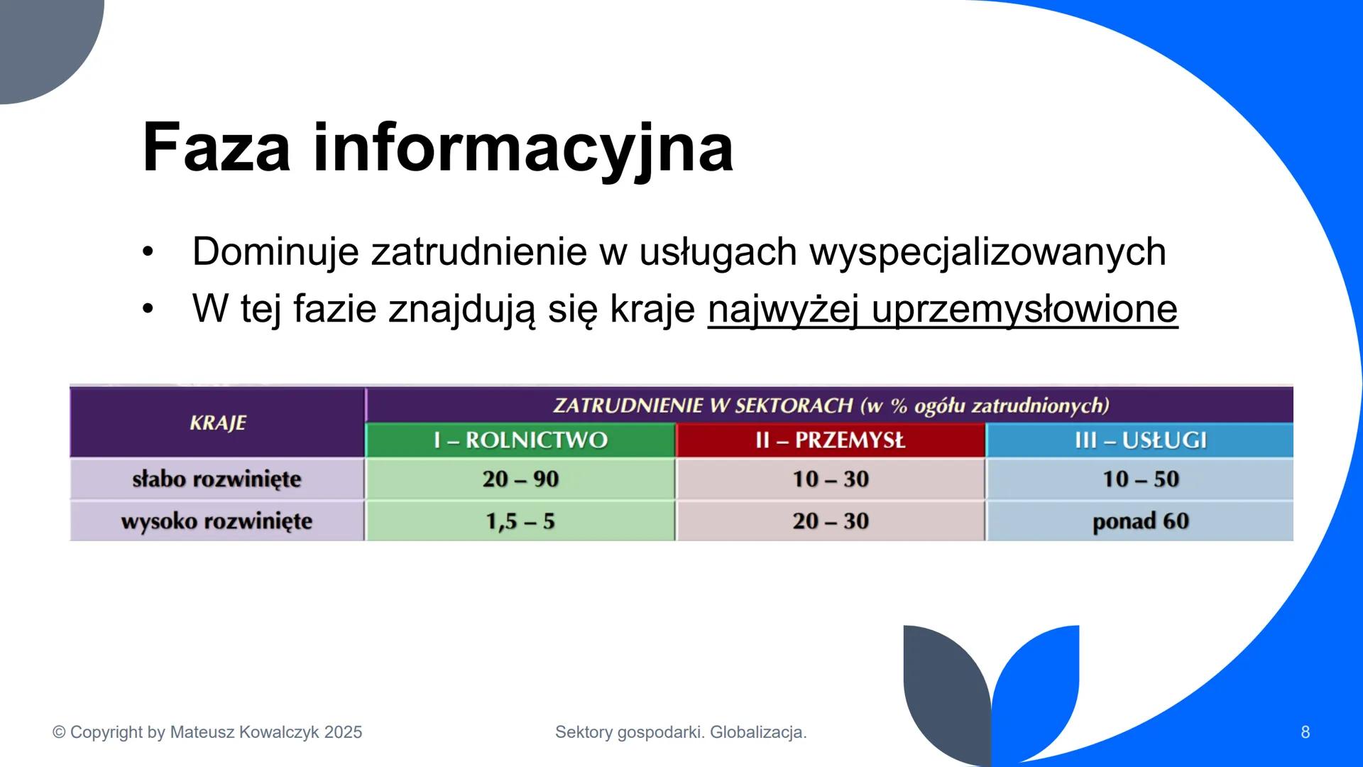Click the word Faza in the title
(216, 148)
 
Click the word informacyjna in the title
(522, 148)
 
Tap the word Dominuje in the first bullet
(275, 251)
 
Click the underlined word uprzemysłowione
(1024, 309)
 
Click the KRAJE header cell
(218, 423)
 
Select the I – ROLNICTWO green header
(520, 440)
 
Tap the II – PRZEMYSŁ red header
(830, 440)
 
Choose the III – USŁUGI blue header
(1140, 440)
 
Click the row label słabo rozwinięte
(217, 479)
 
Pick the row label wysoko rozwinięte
(217, 521)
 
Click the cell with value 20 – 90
(520, 479)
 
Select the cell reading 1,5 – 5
(520, 521)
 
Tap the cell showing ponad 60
(1140, 521)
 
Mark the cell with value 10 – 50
(1140, 479)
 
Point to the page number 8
(1305, 732)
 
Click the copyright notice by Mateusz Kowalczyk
(207, 732)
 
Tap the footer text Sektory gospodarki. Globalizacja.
(681, 732)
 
